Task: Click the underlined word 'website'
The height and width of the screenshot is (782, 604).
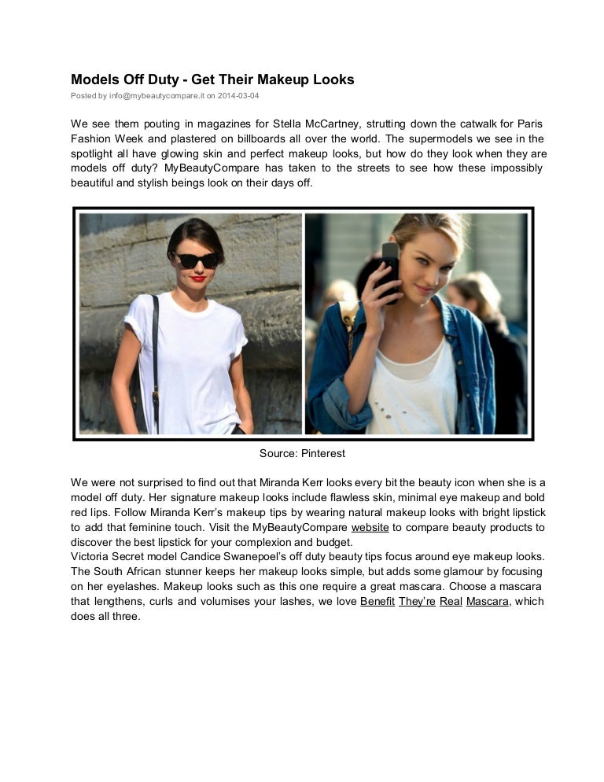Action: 370,527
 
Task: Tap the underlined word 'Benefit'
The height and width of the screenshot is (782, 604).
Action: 377,602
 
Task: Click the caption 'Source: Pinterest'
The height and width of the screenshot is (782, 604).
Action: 302,453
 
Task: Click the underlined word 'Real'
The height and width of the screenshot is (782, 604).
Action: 451,602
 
